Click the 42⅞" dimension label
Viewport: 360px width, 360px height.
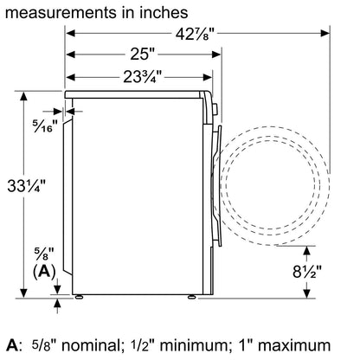tap(196, 35)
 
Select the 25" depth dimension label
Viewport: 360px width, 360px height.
tap(142, 54)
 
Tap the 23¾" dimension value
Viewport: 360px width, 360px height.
tap(142, 77)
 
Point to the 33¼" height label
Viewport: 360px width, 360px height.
tap(26, 185)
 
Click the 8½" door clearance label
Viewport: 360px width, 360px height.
tap(307, 272)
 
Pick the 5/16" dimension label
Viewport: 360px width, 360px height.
tap(45, 125)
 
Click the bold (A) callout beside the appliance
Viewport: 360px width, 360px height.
tap(44, 272)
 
